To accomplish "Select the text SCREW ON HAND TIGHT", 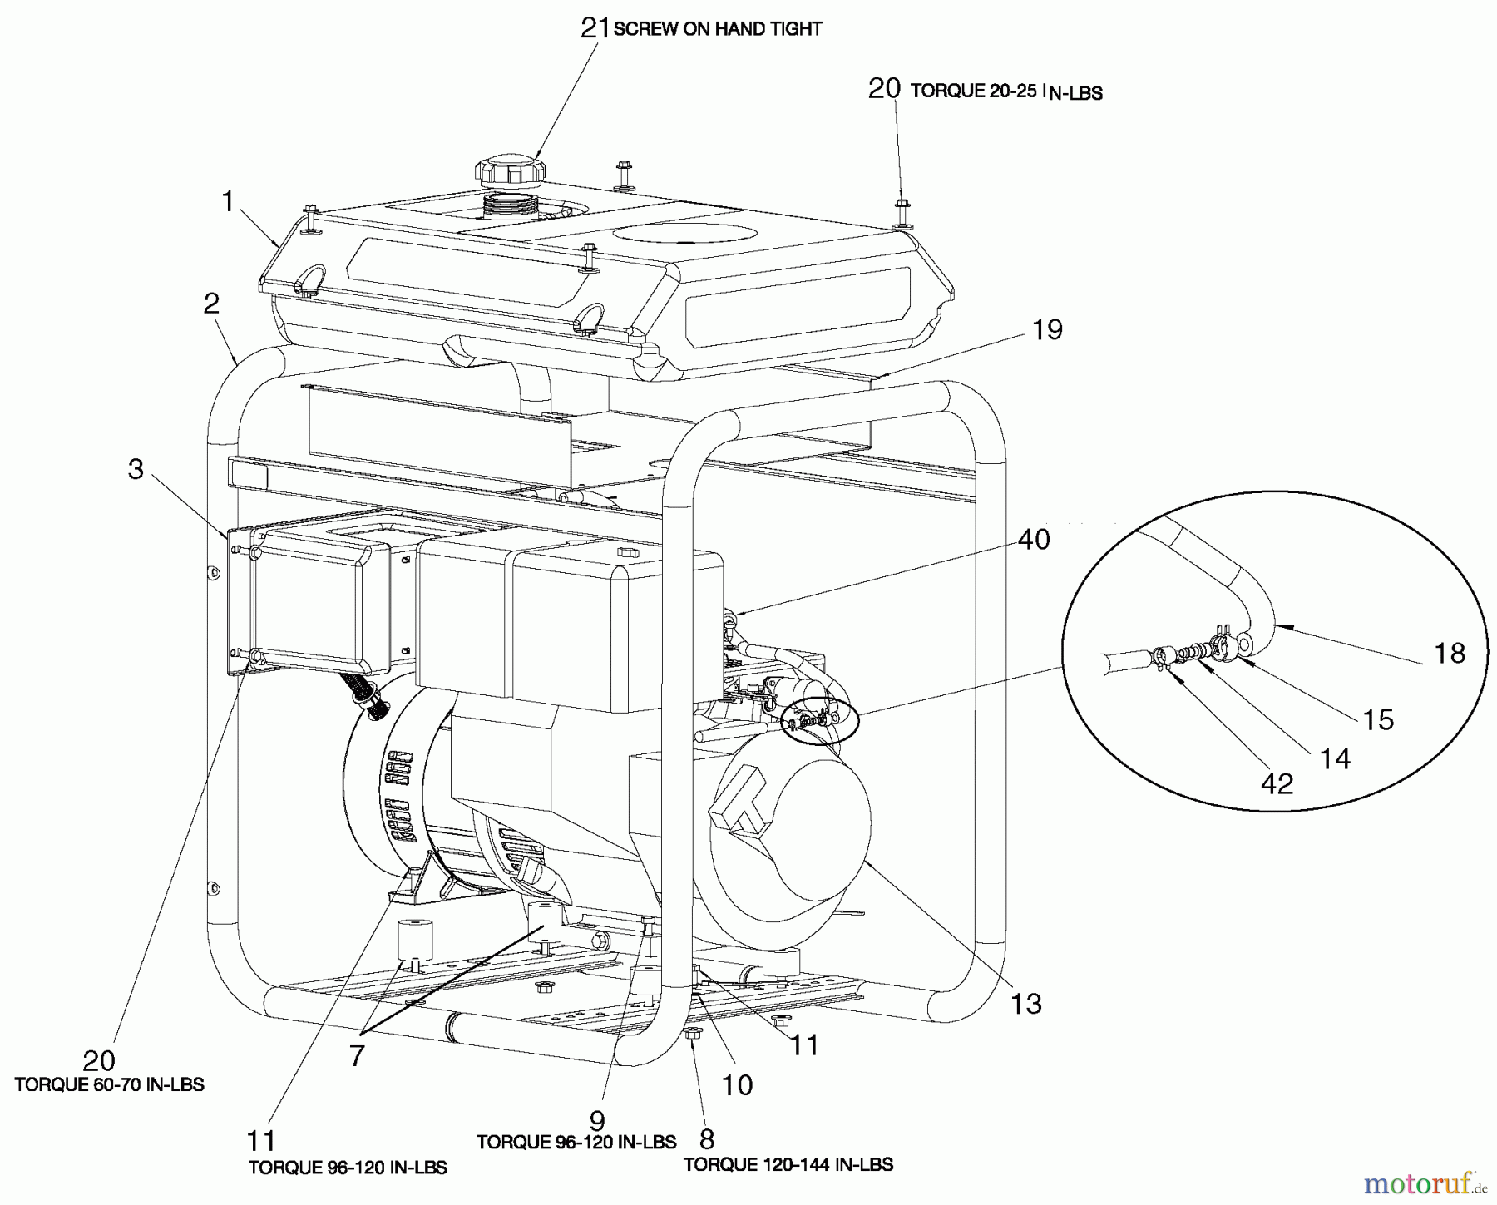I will pos(718,29).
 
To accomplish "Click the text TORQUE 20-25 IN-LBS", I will pos(1006,92).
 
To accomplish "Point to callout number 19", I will pos(1047,329).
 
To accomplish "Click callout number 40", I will pos(1034,540).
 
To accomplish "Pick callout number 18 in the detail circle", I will pos(1450,653).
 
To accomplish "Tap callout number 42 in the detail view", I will pos(1277,783).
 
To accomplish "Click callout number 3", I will pos(136,469).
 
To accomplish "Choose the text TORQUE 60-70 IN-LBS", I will pos(109,1084).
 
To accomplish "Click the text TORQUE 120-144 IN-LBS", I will pos(788,1164).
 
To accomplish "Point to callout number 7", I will pos(357,1055).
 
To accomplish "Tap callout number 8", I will pos(707,1138).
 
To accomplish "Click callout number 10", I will pos(738,1084).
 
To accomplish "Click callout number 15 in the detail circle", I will pos(1378,719).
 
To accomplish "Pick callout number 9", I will pos(597,1120).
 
